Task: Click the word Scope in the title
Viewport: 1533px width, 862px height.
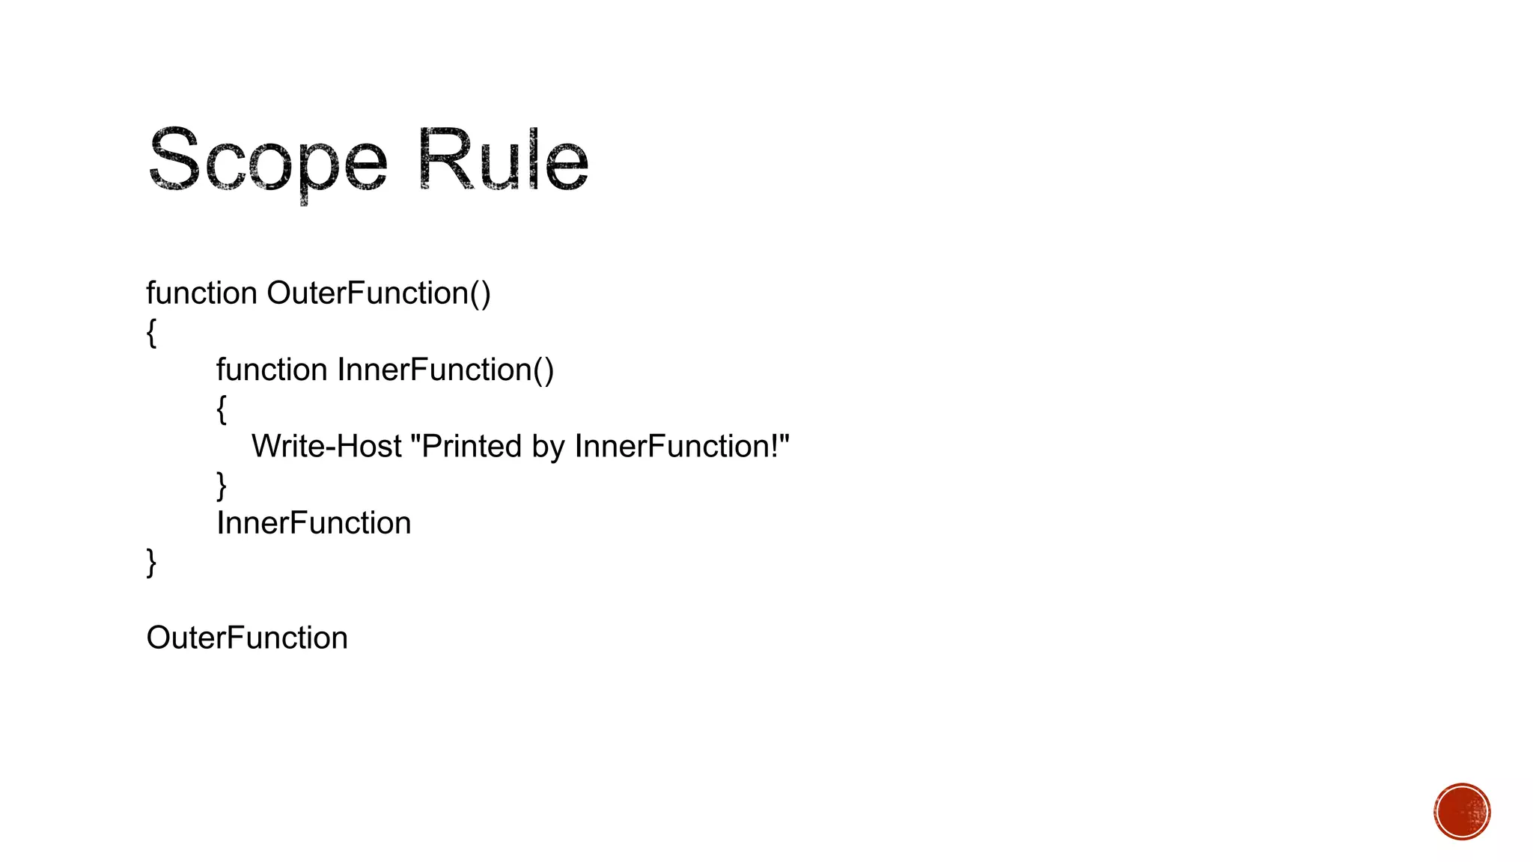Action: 267,160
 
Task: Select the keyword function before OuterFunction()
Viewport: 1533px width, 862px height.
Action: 201,293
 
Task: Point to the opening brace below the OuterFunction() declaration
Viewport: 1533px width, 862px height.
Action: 151,332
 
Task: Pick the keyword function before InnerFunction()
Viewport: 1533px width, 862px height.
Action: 272,370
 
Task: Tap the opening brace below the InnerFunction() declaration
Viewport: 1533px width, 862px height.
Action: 222,409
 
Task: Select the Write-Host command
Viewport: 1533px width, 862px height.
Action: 326,447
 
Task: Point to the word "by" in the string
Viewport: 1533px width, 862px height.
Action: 548,447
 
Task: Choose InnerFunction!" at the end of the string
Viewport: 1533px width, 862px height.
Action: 682,447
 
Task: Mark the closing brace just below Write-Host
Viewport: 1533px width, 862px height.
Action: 222,486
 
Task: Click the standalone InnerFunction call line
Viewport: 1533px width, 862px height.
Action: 314,523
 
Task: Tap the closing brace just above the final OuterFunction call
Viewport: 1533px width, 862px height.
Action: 151,563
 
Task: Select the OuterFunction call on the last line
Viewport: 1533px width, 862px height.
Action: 247,638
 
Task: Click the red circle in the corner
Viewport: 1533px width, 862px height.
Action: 1462,812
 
